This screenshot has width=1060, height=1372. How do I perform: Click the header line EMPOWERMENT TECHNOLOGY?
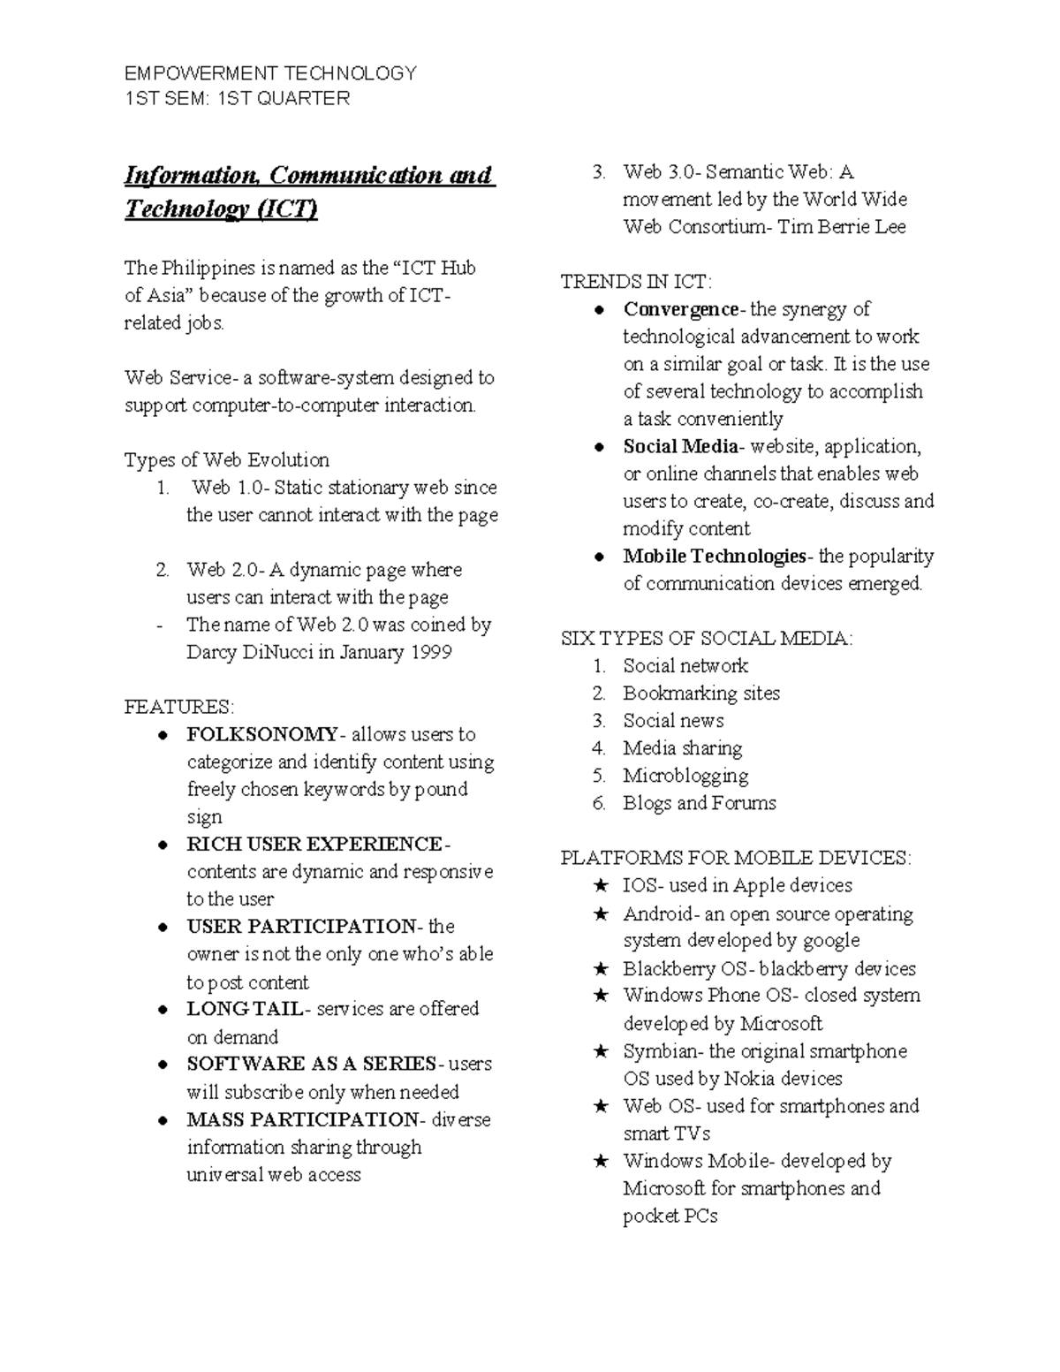click(270, 73)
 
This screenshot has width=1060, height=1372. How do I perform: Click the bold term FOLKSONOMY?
click(261, 734)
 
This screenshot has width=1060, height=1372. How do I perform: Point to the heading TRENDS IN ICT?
click(636, 282)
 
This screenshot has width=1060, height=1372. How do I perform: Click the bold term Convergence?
click(680, 309)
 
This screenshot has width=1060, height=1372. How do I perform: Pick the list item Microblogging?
click(685, 776)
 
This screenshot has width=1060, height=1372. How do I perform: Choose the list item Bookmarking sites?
click(701, 694)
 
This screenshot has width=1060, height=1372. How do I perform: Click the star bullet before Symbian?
click(601, 1051)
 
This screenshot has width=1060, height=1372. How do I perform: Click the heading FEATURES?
click(179, 707)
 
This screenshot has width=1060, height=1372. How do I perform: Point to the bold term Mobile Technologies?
click(714, 557)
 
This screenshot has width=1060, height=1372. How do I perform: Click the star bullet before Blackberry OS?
click(601, 969)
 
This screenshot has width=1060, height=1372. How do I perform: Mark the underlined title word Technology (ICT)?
click(221, 209)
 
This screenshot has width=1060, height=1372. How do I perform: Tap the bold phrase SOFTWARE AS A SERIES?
click(311, 1064)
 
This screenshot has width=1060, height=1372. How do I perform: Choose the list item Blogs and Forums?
click(700, 803)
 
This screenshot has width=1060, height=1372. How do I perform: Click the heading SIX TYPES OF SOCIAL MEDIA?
click(707, 639)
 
